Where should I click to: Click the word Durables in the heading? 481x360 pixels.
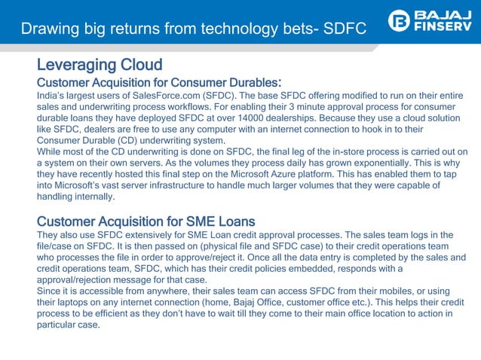click(246, 81)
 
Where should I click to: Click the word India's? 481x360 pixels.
click(52, 96)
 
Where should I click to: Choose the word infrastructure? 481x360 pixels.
click(199, 186)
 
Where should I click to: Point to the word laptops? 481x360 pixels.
click(78, 303)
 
